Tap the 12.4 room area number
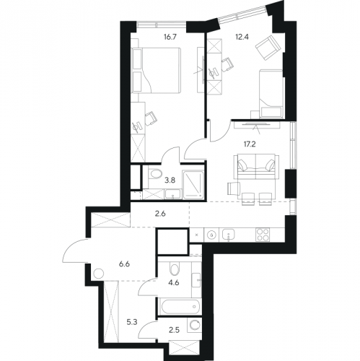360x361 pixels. [x=242, y=37]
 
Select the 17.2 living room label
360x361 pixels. [x=250, y=144]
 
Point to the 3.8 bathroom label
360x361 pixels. [x=170, y=180]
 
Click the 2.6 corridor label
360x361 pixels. [x=160, y=214]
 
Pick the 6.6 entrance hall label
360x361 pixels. [x=124, y=264]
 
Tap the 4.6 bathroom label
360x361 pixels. [x=174, y=282]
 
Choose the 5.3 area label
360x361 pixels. [x=132, y=322]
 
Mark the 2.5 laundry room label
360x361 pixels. [x=174, y=330]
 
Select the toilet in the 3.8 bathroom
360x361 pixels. [x=154, y=174]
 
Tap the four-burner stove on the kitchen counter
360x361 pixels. [x=263, y=235]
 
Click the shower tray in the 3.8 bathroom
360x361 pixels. [x=193, y=185]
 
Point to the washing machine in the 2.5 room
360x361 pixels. [x=194, y=326]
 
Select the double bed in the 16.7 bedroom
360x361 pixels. [x=156, y=70]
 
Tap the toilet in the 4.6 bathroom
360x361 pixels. [x=174, y=269]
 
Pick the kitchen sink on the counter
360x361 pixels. [x=228, y=235]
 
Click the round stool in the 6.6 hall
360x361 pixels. [x=99, y=274]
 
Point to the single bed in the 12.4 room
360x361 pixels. [x=271, y=94]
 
